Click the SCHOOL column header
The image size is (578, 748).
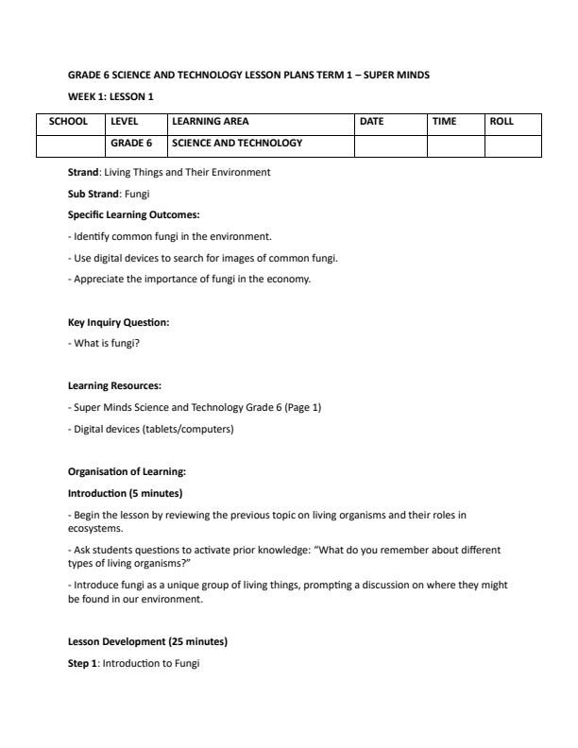click(69, 122)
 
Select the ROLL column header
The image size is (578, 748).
click(501, 122)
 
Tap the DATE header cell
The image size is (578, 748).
click(372, 122)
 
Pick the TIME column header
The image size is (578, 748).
click(444, 122)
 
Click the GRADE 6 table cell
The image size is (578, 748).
click(131, 144)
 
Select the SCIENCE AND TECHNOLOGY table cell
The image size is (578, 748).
click(237, 144)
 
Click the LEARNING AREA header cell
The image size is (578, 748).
click(211, 122)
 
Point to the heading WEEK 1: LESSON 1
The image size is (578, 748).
click(110, 96)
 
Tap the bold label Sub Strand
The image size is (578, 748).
click(93, 194)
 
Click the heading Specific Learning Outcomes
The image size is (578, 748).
click(133, 214)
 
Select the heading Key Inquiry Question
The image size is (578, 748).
click(118, 322)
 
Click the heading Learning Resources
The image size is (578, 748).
click(114, 385)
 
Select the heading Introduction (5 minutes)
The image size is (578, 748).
click(125, 493)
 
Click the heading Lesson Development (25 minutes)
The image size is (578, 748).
click(147, 642)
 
